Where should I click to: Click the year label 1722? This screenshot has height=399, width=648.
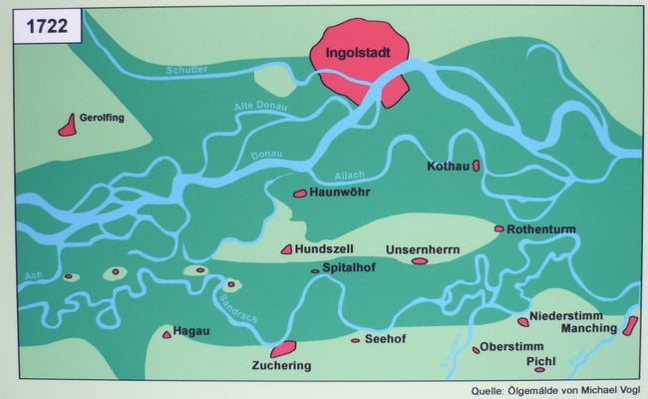tap(45, 28)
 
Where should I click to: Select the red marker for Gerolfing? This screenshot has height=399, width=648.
tap(68, 125)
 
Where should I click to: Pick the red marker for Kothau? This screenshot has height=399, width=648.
tap(477, 165)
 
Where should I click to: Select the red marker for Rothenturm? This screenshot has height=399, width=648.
tap(498, 228)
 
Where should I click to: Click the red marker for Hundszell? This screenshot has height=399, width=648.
tap(286, 249)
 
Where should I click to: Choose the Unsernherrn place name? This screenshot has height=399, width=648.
tap(422, 249)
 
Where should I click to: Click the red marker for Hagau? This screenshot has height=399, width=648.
tap(166, 334)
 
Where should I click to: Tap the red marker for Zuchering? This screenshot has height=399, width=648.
tap(283, 348)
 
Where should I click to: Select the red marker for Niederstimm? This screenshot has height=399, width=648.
tap(523, 321)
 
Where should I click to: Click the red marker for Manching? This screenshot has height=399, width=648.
tap(629, 325)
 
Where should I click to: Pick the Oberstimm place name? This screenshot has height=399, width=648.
tap(509, 347)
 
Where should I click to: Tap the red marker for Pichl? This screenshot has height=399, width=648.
tap(567, 369)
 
